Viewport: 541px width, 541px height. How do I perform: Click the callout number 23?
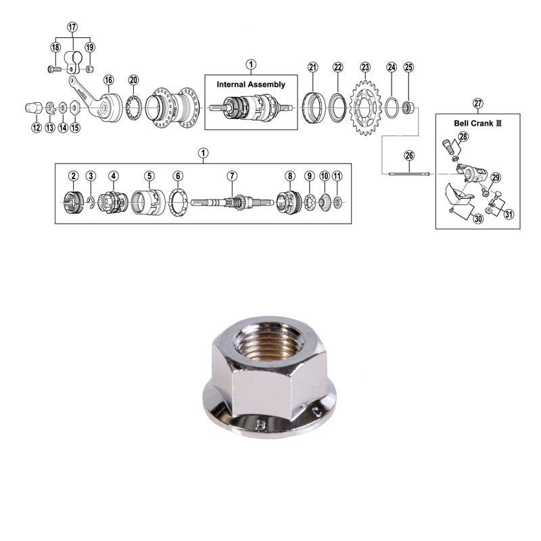tap(365, 67)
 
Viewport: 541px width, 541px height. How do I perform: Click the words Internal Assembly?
tap(251, 85)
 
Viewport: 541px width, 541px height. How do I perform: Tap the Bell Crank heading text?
tap(478, 125)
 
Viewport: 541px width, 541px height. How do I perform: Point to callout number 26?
tap(408, 156)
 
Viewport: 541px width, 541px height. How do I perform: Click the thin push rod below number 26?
tap(408, 174)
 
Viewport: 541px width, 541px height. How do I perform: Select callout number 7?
tap(232, 176)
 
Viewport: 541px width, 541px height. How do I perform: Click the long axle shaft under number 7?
tap(232, 202)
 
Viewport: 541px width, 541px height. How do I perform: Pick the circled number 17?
tap(73, 26)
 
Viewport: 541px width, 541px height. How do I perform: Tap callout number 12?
tap(36, 127)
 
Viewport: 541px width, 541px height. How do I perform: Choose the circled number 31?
tap(509, 215)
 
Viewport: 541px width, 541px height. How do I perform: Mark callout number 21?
tap(312, 67)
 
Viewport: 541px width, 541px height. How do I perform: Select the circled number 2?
tap(73, 176)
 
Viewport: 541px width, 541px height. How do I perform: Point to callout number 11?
tap(337, 176)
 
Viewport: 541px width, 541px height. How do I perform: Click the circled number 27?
tap(478, 103)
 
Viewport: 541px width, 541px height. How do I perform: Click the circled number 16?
tap(108, 80)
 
